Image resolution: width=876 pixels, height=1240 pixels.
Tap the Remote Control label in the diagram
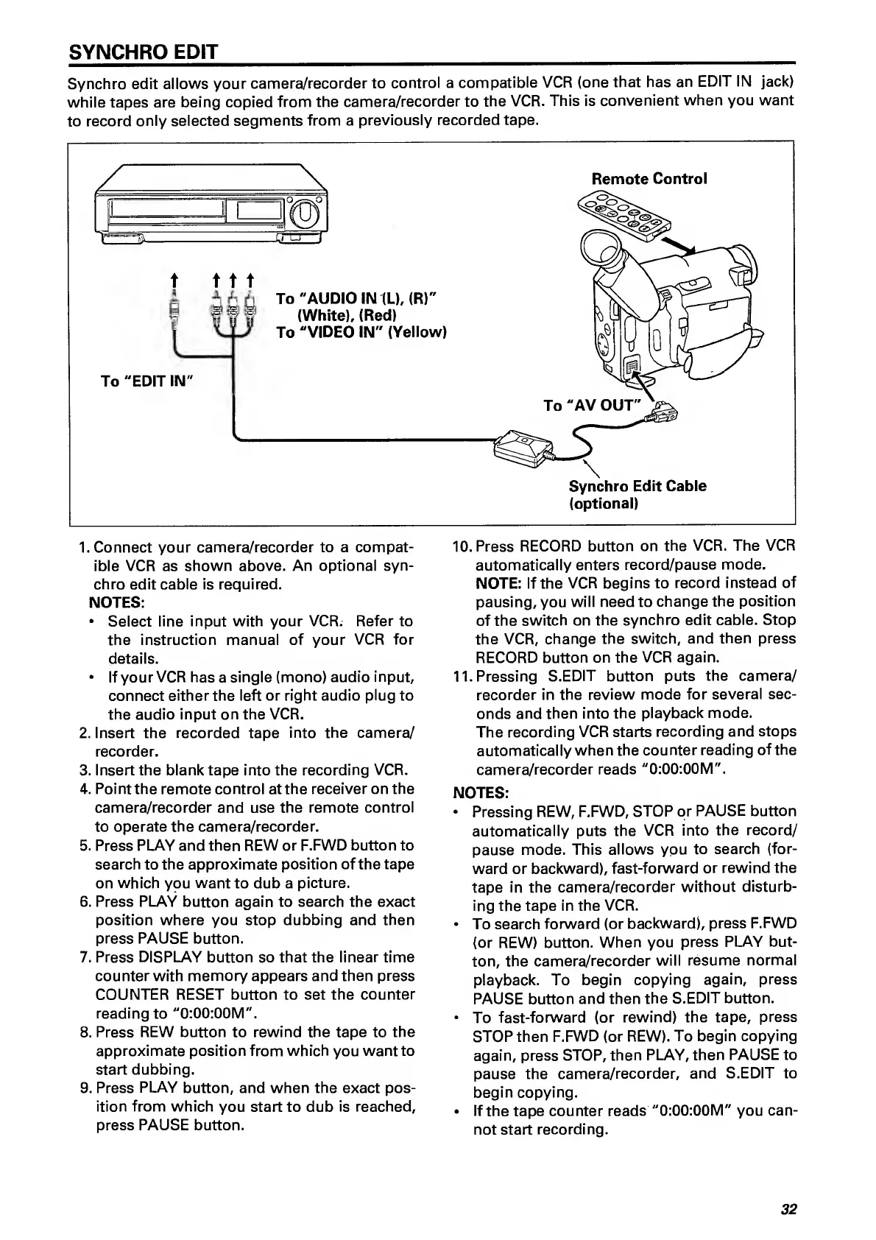tap(649, 179)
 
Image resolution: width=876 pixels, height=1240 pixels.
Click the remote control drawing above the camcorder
tap(625, 214)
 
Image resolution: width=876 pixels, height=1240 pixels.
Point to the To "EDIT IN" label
tap(146, 381)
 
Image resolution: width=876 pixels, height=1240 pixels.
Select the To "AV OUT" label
tap(593, 405)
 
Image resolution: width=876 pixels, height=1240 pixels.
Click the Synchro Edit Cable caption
tap(637, 486)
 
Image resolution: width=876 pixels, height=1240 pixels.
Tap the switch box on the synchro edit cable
tap(523, 447)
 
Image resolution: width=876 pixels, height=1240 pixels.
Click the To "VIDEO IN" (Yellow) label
tap(361, 332)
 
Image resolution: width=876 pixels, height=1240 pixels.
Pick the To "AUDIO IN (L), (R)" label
tap(356, 298)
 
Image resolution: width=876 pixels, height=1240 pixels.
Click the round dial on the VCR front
tap(305, 216)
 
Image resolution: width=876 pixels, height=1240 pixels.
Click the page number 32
tap(789, 1209)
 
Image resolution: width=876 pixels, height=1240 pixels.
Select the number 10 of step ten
tap(461, 547)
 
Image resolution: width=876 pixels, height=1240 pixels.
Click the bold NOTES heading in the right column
tap(481, 793)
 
